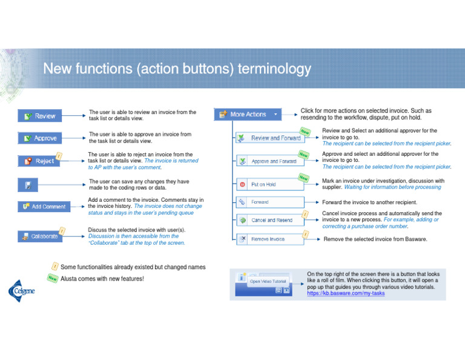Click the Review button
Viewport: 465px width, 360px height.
tap(39, 116)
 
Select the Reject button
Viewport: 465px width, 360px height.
tap(39, 161)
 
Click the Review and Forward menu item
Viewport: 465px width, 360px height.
tap(269, 138)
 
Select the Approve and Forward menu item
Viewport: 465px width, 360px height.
tap(269, 161)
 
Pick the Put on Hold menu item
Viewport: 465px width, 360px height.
tap(269, 184)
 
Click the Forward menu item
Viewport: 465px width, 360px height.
tap(269, 202)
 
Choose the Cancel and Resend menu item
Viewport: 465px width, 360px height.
tap(269, 220)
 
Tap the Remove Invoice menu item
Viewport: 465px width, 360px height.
tap(269, 239)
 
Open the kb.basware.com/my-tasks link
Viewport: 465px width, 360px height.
tap(346, 293)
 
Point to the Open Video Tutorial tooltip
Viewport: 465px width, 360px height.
tap(268, 281)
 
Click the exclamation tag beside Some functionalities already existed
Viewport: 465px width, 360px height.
tap(55, 266)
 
